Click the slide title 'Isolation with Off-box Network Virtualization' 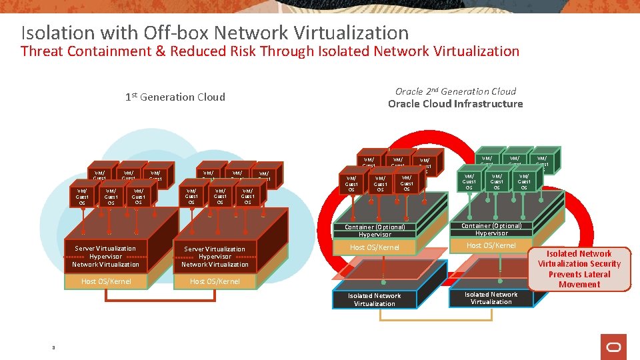click(x=215, y=33)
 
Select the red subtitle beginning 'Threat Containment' click(x=270, y=51)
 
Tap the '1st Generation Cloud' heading click(x=175, y=97)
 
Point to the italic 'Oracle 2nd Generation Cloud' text click(x=455, y=91)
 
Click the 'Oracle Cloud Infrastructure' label click(x=455, y=104)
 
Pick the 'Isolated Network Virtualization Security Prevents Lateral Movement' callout click(x=579, y=269)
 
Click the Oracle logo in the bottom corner click(x=613, y=347)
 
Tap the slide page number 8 click(x=53, y=347)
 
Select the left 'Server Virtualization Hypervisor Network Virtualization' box click(x=105, y=257)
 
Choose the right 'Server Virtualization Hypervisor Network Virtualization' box click(x=215, y=257)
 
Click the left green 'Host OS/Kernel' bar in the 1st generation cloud click(x=106, y=281)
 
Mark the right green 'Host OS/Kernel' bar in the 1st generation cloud click(x=215, y=281)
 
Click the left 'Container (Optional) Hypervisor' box click(x=375, y=231)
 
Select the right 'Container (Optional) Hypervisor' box click(x=491, y=229)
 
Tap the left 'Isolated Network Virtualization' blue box click(x=375, y=300)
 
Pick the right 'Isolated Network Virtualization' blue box click(x=491, y=298)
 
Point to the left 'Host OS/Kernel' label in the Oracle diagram click(x=375, y=247)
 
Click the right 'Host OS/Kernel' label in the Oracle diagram click(x=491, y=245)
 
